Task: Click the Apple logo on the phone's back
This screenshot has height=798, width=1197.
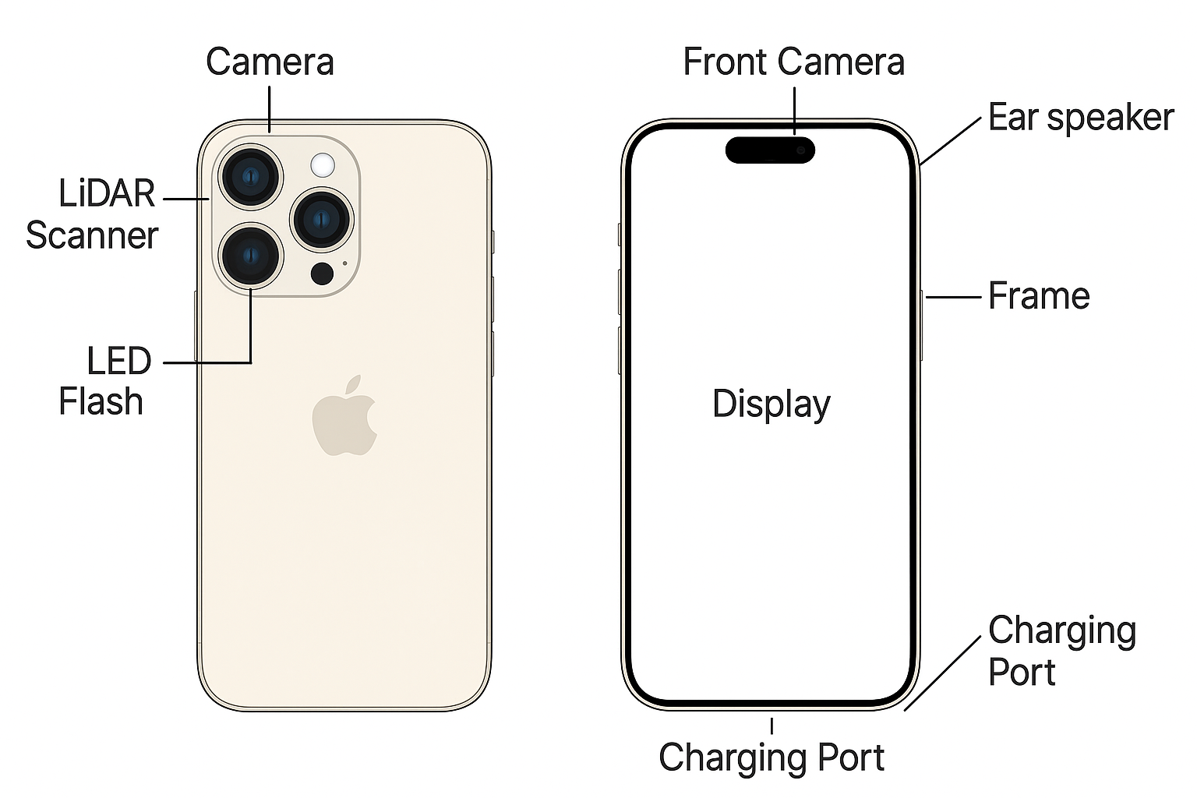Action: pos(344,418)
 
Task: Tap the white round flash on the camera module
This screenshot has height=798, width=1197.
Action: pos(322,165)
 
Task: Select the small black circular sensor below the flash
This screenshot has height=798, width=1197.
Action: pos(322,273)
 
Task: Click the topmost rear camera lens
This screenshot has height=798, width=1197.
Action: pos(250,177)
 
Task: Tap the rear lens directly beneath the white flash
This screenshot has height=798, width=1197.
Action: pos(321,219)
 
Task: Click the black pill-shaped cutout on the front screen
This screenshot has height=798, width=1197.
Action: pos(770,150)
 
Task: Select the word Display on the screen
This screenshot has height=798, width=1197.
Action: pos(771,404)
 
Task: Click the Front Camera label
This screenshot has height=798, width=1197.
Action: pos(793,62)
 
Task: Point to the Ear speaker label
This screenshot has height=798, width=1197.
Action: pos(1080,118)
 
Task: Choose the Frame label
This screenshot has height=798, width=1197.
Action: pos(1038,296)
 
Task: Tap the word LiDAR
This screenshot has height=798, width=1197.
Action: pos(107,193)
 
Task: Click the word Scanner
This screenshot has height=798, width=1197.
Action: pos(92,235)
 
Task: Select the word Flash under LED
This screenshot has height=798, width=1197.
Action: pos(101,402)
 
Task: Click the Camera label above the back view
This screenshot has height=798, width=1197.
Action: pos(270,62)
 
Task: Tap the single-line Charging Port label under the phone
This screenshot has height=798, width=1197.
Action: pos(771,757)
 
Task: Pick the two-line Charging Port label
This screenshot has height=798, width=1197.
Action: pos(1061,651)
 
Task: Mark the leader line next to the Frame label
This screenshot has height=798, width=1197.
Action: pos(952,296)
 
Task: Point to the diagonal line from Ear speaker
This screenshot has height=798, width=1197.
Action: pos(950,141)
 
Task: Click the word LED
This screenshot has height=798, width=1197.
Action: pos(118,361)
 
